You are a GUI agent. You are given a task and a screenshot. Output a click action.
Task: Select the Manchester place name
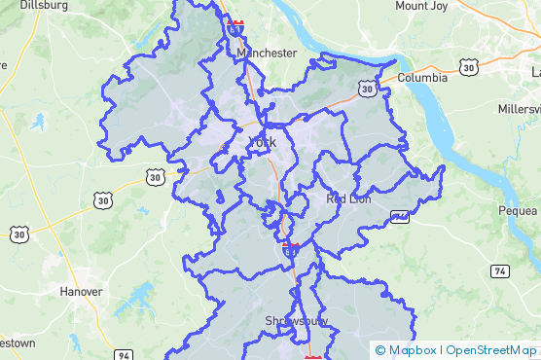[x=267, y=53]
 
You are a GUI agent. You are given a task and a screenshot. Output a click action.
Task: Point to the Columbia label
[x=422, y=77]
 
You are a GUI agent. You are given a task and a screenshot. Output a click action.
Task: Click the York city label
[x=263, y=143]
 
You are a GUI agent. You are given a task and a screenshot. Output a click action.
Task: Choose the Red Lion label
[x=348, y=198]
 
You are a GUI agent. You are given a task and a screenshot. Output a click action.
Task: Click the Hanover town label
[x=81, y=291]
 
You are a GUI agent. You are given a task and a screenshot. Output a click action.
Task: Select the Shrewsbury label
[x=297, y=320]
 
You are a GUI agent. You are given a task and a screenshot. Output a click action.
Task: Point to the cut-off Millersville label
[x=524, y=108]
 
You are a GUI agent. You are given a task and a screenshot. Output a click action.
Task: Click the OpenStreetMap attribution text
[x=490, y=350]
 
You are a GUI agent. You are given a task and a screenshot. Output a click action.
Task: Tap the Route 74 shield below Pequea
[x=499, y=270]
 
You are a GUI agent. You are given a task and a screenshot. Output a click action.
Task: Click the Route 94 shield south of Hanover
[x=124, y=355]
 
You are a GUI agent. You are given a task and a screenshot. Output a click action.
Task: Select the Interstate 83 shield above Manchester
[x=235, y=26]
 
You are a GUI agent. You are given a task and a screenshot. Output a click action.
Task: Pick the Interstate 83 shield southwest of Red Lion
[x=290, y=249]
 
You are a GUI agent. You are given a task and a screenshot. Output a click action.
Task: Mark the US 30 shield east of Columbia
[x=471, y=66]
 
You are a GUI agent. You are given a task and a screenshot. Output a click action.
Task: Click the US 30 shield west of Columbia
[x=366, y=89]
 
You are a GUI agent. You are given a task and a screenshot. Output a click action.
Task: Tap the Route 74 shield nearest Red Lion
[x=398, y=216]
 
